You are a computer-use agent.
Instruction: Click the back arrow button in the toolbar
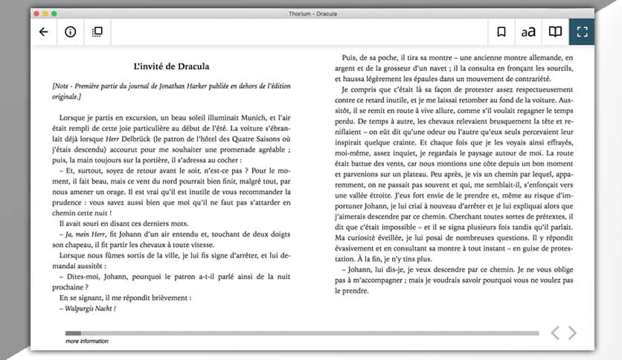[x=43, y=32]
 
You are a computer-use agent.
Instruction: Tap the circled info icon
[x=70, y=32]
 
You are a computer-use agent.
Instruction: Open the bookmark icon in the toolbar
[x=501, y=32]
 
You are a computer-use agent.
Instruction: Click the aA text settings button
[x=528, y=32]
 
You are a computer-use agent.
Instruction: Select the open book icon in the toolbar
[x=555, y=32]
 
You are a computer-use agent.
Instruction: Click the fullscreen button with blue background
[x=582, y=32]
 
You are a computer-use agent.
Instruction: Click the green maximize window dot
[x=54, y=13]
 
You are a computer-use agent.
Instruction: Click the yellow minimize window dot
[x=45, y=13]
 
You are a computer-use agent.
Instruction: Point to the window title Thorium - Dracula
[x=312, y=13]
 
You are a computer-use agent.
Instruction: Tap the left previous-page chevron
[x=555, y=332]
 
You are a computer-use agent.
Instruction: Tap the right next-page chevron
[x=572, y=332]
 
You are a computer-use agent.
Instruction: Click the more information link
[x=86, y=341]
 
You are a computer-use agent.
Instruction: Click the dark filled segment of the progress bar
[x=73, y=332]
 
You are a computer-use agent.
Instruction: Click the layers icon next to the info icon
[x=97, y=32]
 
